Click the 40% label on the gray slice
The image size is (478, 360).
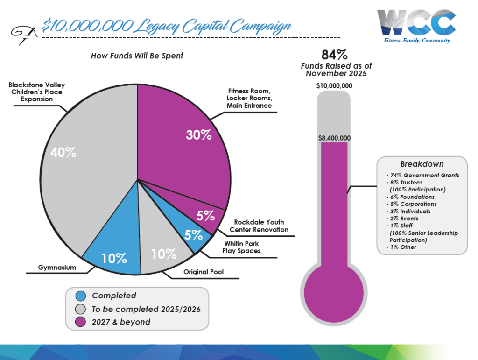[x=64, y=153]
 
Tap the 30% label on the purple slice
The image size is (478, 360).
[x=199, y=135]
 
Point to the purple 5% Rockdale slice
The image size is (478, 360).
[x=205, y=216]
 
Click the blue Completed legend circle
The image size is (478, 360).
[x=81, y=296]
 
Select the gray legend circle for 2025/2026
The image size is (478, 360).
[x=81, y=309]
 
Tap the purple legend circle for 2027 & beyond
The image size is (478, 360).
[x=81, y=322]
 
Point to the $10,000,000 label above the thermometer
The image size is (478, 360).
[x=334, y=86]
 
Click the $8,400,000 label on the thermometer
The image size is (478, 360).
[x=334, y=138]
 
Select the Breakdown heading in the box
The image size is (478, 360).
[x=422, y=164]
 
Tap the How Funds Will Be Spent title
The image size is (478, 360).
[x=137, y=56]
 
